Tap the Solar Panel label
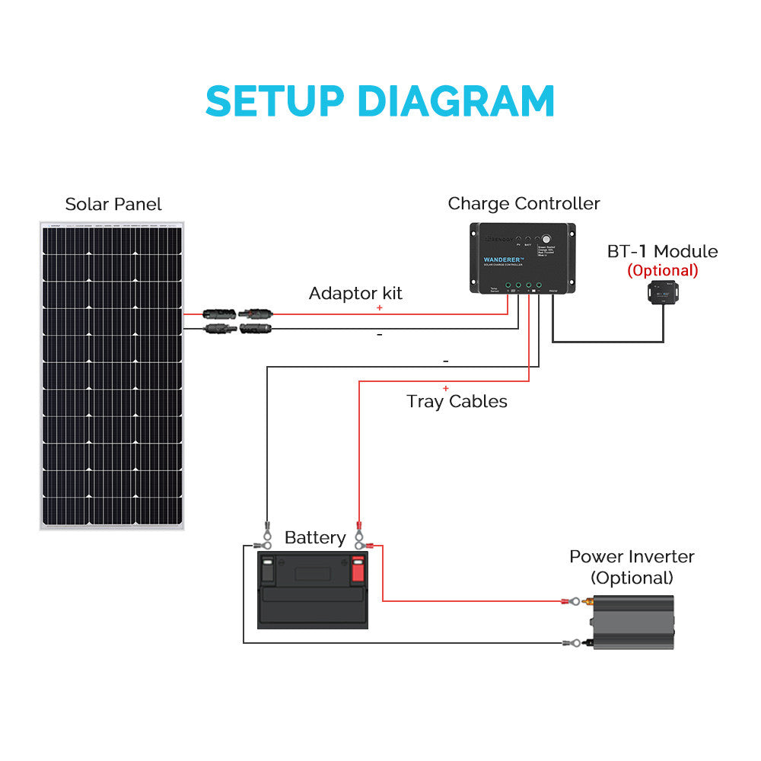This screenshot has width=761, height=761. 113,204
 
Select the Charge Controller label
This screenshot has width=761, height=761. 524,203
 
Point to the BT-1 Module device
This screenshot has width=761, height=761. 663,292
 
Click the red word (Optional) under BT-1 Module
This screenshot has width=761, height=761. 662,270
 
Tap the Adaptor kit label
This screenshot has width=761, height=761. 355,293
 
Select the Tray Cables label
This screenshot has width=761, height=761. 457,401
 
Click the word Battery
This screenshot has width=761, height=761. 315,538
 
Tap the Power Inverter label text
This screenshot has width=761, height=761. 632,556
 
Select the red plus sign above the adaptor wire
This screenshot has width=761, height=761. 379,307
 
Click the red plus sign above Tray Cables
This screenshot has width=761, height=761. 445,388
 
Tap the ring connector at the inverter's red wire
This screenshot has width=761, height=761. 567,601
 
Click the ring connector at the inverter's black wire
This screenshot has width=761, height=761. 567,643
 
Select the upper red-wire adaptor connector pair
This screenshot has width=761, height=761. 237,313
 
